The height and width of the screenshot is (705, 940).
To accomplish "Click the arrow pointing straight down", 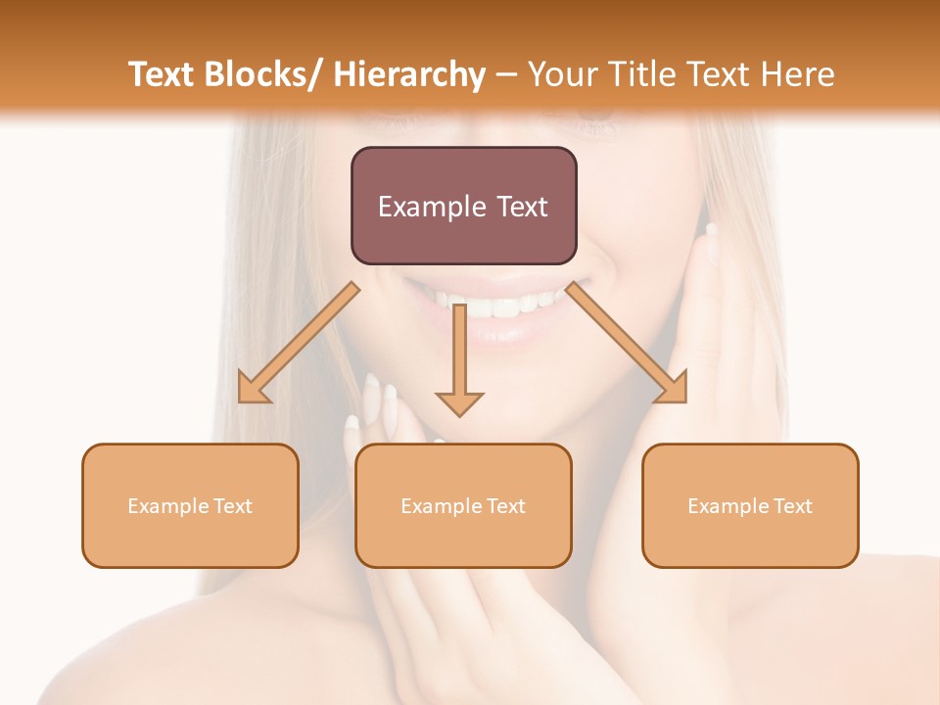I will coord(459,362).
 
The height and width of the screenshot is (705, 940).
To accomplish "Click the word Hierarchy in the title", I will coord(409,74).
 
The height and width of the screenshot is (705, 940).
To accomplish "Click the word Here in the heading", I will coord(798,74).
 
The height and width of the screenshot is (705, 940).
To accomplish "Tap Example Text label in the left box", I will coord(190,506).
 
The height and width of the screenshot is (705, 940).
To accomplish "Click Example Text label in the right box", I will coord(750,506).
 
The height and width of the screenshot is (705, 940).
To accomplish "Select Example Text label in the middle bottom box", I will coord(463,506).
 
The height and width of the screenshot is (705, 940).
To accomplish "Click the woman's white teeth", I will coord(494,305).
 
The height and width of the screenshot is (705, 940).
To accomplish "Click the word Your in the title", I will coord(561,74).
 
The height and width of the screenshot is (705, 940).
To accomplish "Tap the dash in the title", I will coord(506,75).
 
